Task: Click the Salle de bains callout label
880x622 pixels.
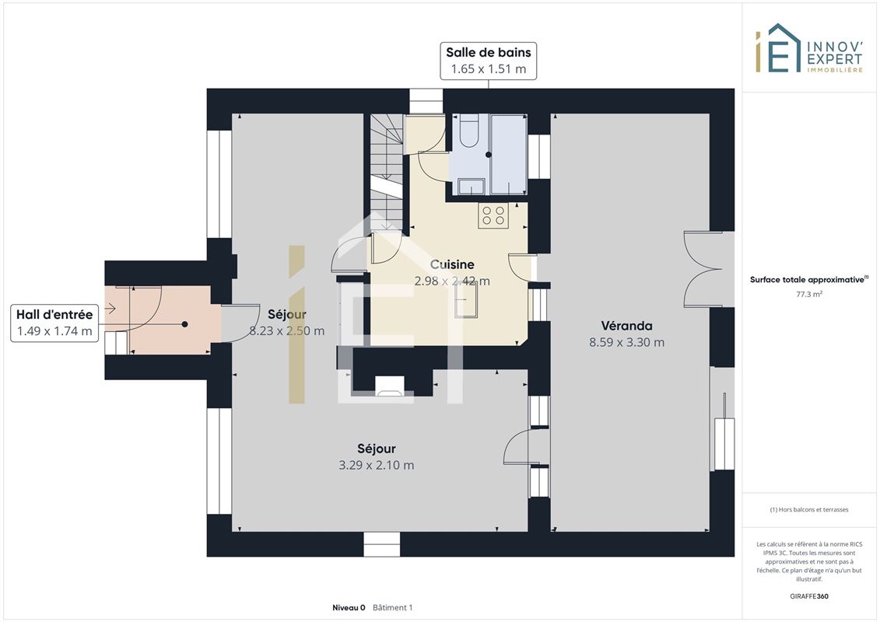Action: [489, 61]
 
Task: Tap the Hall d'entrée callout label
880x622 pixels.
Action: [54, 323]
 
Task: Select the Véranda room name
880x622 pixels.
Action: [626, 326]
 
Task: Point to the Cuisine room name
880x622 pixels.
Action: [452, 264]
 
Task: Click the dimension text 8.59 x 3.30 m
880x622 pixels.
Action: [626, 342]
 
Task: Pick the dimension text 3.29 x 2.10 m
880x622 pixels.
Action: [376, 465]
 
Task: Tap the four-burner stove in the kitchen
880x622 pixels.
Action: [493, 216]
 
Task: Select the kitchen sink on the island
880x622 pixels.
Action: [466, 300]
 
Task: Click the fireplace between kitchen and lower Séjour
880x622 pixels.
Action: [390, 386]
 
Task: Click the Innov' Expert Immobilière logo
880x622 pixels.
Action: [808, 49]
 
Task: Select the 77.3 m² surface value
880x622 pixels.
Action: [808, 294]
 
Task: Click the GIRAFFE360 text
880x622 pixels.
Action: [808, 596]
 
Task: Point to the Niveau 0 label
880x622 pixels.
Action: [349, 607]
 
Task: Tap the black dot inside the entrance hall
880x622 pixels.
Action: [184, 324]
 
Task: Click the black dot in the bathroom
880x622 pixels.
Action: [489, 155]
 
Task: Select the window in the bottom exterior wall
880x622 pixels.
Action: [381, 544]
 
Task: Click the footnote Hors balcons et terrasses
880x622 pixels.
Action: [808, 510]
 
